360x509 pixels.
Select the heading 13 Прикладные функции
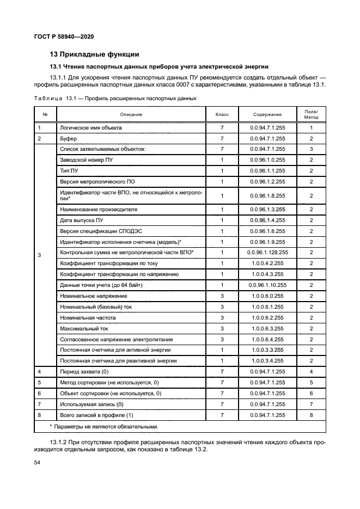click(94, 54)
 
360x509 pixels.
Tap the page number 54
click(38, 462)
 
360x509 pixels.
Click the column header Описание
click(131, 114)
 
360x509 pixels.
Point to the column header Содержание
click(267, 114)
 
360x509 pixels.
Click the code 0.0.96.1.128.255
click(267, 253)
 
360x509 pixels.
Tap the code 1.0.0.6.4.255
click(267, 339)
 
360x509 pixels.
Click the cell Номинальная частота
click(89, 317)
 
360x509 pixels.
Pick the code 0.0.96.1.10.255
click(267, 285)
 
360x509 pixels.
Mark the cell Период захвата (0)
click(83, 371)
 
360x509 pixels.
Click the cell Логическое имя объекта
click(90, 127)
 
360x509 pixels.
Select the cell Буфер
click(69, 138)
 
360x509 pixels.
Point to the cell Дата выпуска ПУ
click(82, 220)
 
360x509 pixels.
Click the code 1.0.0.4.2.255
click(267, 263)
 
